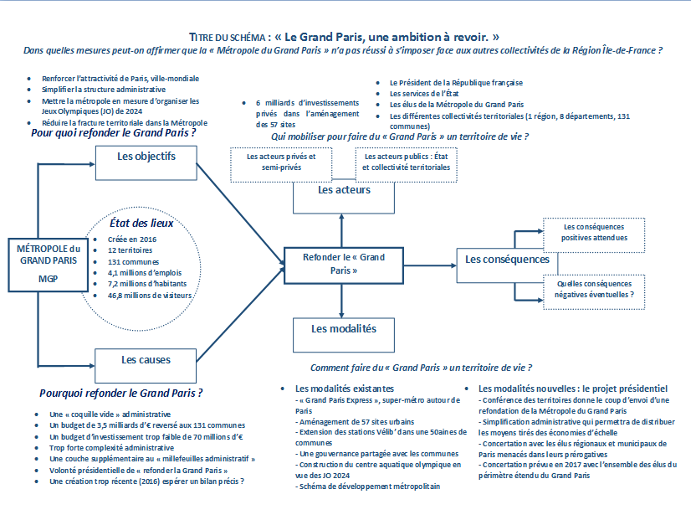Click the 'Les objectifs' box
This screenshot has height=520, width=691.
(x=146, y=163)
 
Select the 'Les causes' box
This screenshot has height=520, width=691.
(x=146, y=366)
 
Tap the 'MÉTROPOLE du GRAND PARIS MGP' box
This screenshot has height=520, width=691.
(x=48, y=265)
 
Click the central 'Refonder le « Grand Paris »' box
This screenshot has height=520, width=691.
(x=343, y=265)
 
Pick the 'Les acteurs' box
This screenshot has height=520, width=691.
(x=344, y=197)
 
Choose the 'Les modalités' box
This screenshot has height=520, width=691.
(x=344, y=335)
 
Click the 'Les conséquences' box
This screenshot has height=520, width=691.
(x=507, y=265)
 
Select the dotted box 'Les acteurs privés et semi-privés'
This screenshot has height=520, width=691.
(x=281, y=164)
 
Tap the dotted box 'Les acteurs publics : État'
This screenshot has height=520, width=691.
(x=406, y=164)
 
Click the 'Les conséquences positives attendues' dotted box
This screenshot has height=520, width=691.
(x=594, y=235)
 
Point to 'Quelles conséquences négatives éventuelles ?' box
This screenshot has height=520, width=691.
(x=594, y=292)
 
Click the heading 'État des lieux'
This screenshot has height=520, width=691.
(x=141, y=224)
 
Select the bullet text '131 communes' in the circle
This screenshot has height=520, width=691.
(x=133, y=261)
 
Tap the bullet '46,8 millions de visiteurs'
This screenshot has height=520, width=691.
(x=150, y=296)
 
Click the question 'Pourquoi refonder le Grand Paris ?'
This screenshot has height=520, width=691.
(x=120, y=393)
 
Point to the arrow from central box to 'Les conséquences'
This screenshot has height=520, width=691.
(x=430, y=265)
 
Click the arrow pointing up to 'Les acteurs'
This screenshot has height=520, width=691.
(x=341, y=230)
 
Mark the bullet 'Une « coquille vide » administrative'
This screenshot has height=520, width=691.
(x=110, y=414)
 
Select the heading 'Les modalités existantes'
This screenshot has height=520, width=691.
(x=344, y=389)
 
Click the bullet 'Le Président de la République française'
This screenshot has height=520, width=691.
(x=456, y=83)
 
